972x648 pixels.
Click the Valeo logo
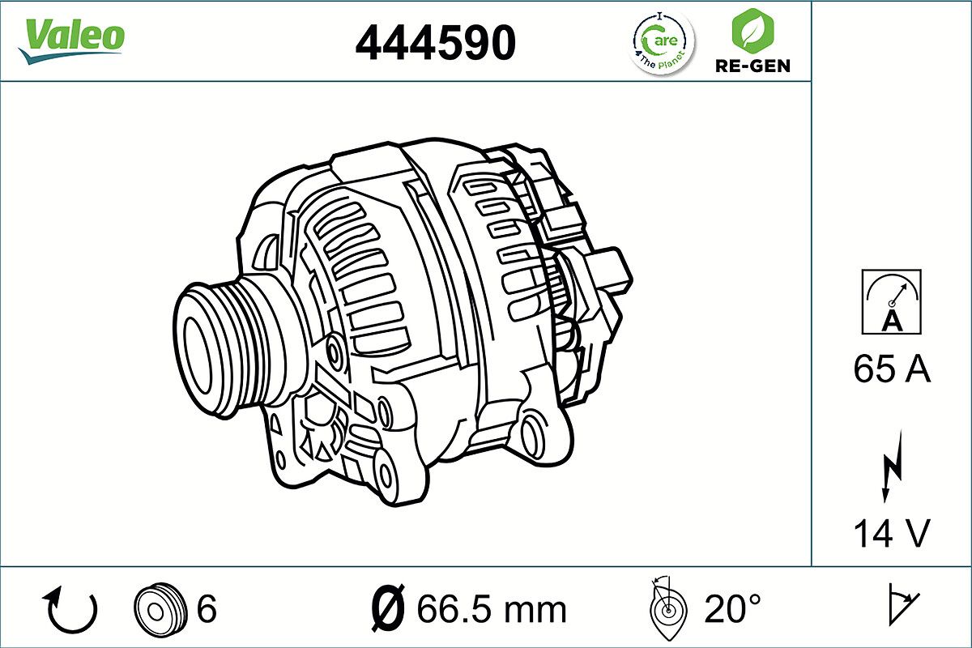coord(71,40)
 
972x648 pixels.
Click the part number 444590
coord(436,43)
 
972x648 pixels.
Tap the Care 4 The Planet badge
coord(661,43)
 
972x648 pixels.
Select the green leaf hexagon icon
coord(752,30)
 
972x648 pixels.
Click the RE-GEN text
coord(752,66)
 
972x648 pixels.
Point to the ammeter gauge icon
coord(891,301)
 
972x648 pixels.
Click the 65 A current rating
coord(891,369)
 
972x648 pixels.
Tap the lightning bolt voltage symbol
coord(892,467)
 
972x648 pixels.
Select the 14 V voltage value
coord(892,533)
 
